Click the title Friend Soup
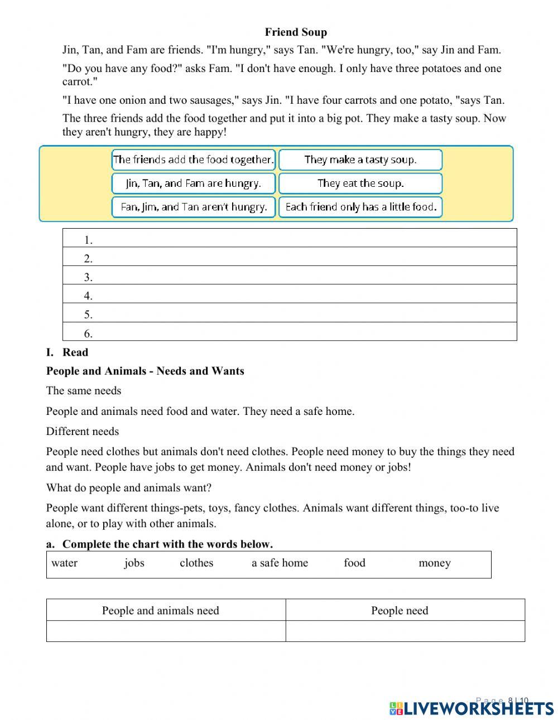pos(296,32)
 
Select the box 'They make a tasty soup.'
pos(360,160)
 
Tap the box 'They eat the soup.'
pos(360,183)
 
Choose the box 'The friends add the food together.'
pos(194,160)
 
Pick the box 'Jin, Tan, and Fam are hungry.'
pos(194,183)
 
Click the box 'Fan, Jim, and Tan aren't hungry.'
pos(194,207)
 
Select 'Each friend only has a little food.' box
pos(360,207)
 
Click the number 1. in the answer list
pos(88,240)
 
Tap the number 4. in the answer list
pos(88,296)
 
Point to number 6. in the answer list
pos(88,334)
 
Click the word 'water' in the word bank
pos(64,563)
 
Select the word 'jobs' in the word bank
pos(134,563)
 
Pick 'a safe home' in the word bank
pos(280,563)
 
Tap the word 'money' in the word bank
pos(434,563)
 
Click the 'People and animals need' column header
pos(161,610)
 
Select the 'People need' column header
pos(400,610)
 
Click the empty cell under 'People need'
pos(405,631)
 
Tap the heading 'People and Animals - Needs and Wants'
pos(145,371)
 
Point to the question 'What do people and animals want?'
pos(129,488)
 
